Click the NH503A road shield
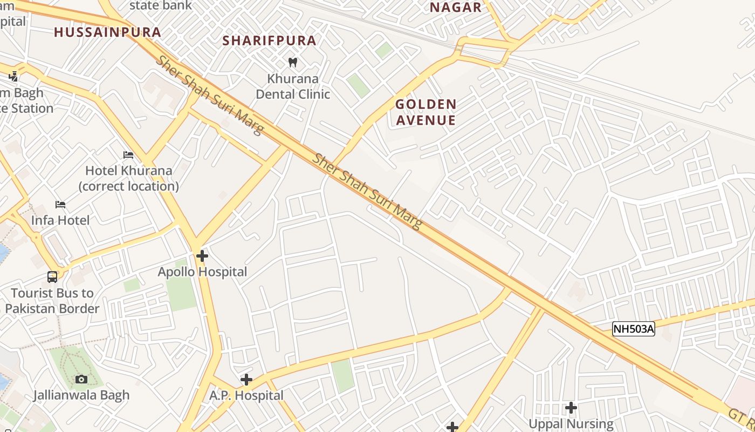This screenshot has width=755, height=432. point(633,329)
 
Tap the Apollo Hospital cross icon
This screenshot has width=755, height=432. point(202,256)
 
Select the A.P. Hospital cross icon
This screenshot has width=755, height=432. point(246,380)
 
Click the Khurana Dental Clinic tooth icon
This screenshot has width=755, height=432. point(293,62)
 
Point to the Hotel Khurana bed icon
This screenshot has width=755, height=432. point(128,155)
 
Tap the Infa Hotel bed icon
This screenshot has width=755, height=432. point(60,205)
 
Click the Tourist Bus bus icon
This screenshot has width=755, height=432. point(52,277)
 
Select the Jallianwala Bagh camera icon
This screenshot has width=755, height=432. point(81,379)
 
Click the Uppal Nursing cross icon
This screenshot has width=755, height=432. point(571,408)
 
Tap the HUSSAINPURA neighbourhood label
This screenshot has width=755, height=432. point(108,32)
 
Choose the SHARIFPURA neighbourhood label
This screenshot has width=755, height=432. point(270,40)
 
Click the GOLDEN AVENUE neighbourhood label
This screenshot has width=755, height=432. point(426,112)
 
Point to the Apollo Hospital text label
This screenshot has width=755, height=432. point(202,272)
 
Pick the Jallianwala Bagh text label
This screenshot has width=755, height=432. point(81,395)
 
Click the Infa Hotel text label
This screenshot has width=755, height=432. point(60,220)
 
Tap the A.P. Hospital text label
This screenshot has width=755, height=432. point(246,395)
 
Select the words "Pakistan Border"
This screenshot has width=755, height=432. point(52,309)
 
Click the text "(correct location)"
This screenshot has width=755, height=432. point(129,186)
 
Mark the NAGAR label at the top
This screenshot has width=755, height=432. point(456,8)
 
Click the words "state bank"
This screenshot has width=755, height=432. point(161,5)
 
